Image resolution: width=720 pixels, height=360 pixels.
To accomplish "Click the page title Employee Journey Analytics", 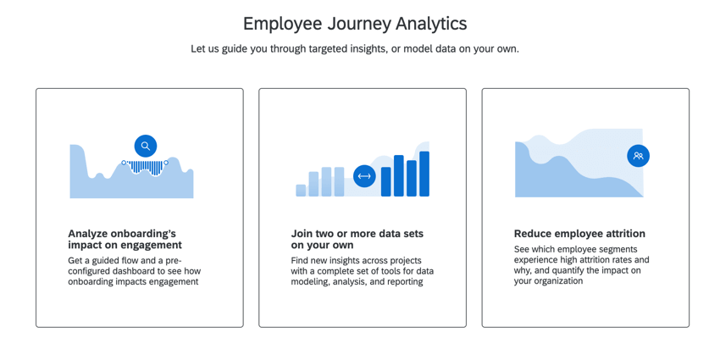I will (354, 24).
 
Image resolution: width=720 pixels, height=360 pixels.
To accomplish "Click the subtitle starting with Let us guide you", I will (354, 49).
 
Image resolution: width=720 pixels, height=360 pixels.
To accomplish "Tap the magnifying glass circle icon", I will (146, 146).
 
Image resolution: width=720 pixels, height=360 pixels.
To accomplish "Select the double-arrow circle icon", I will (364, 176).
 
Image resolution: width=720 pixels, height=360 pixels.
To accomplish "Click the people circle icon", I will (638, 156).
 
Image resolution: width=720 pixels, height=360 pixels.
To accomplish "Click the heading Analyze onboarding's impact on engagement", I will (125, 239).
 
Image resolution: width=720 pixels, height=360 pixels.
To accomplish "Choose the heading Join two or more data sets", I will (357, 239).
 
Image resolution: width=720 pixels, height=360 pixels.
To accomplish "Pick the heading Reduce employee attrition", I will (579, 234).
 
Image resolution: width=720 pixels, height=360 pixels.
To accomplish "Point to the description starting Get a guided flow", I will (135, 271).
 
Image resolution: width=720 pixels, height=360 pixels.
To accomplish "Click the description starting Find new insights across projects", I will (362, 271).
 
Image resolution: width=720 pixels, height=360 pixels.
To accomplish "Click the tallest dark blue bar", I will (424, 174).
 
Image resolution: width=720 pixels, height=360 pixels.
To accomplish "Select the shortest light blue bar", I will (301, 190).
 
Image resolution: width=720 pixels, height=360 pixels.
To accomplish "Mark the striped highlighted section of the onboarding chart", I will (146, 169).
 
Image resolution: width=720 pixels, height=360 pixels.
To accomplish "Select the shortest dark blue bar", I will (386, 181).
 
